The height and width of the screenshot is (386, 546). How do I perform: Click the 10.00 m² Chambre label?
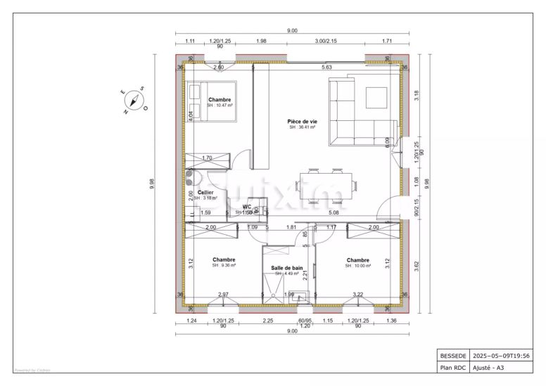tap(357, 262)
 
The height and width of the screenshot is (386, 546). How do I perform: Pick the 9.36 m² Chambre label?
tap(224, 262)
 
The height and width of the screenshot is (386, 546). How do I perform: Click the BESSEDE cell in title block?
tap(452, 356)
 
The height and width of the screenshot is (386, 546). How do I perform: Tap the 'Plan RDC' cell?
tap(452, 367)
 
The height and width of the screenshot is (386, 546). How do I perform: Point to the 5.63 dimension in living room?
tap(326, 67)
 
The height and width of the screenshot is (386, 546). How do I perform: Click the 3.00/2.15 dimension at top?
tap(326, 41)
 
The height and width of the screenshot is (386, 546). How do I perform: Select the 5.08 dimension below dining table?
tap(334, 212)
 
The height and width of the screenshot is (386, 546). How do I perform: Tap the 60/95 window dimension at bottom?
tap(305, 321)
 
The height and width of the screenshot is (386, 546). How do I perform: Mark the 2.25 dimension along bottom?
tap(268, 321)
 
